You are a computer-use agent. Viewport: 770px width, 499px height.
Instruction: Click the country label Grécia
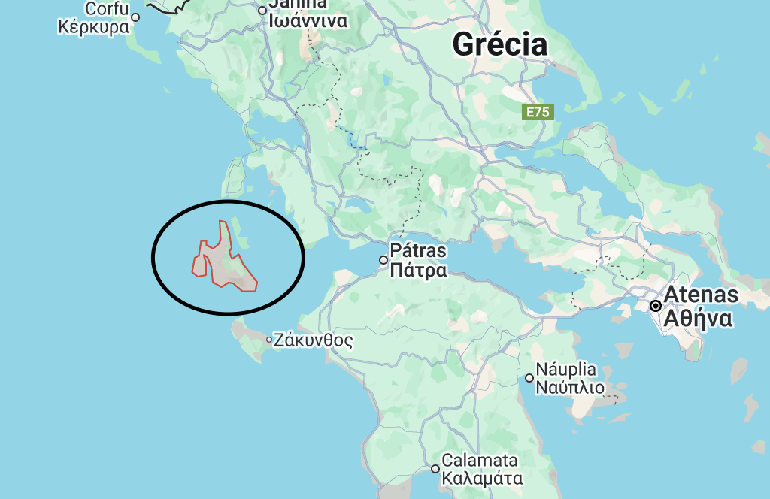pos(499,44)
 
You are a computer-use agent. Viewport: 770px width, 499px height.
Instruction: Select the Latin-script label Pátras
pos(417,250)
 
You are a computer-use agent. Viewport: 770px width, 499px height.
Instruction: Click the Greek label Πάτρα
pos(418,270)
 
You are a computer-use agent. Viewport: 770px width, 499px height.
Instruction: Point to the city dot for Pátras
pos(383,260)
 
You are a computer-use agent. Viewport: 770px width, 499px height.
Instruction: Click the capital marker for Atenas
pos(656,306)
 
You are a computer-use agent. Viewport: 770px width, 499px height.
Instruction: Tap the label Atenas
pos(700,295)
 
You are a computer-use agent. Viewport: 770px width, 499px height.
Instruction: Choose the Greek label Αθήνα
pos(697,319)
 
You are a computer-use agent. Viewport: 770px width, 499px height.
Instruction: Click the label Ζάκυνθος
pos(314,340)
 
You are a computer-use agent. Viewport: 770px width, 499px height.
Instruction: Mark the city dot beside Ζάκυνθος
pos(269,340)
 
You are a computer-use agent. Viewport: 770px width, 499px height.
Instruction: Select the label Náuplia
pos(566,370)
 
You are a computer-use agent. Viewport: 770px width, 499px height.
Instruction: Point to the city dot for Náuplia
pos(529,378)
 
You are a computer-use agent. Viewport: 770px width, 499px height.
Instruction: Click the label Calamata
pos(480,460)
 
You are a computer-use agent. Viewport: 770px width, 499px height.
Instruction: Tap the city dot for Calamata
pos(435,469)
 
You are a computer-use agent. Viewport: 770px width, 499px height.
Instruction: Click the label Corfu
pos(107,9)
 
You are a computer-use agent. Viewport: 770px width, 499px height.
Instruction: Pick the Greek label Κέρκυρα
pos(94,28)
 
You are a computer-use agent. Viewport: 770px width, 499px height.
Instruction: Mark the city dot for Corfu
pos(135,17)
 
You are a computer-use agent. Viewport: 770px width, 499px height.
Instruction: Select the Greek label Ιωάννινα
pos(309,20)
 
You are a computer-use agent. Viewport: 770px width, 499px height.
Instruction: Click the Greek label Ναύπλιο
pos(570,388)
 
